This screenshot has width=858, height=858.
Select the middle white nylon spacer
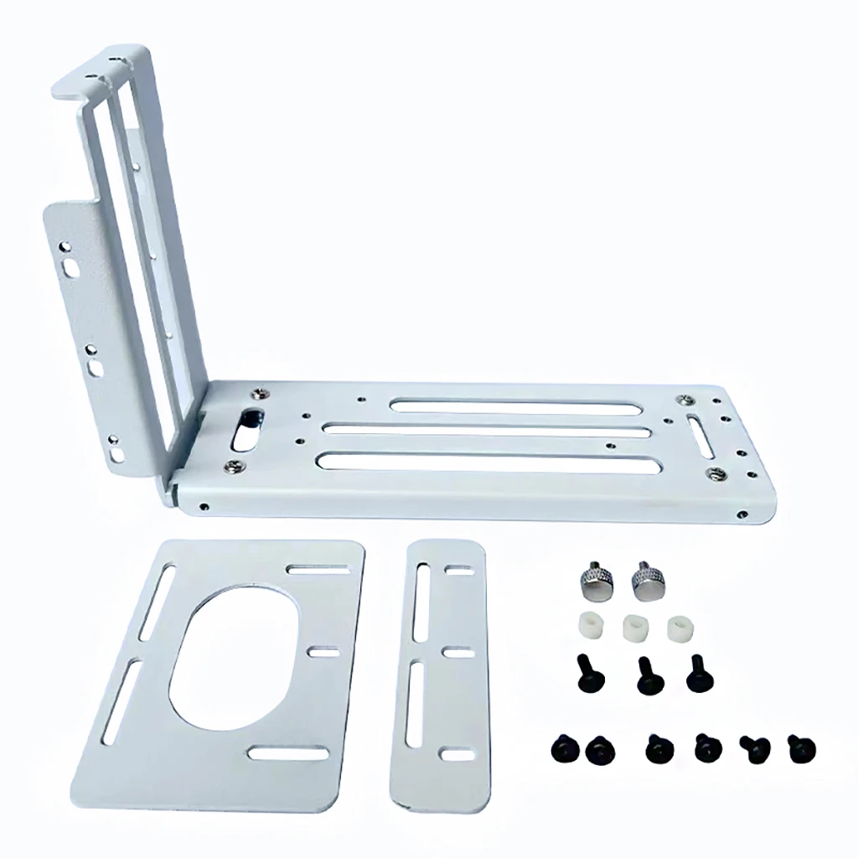pos(633,626)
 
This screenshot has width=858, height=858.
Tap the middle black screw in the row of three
pos(646,674)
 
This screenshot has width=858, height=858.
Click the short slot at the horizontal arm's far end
pos(700,436)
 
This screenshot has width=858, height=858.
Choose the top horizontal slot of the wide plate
pos(318,569)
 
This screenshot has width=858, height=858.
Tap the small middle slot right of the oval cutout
pos(324,652)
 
